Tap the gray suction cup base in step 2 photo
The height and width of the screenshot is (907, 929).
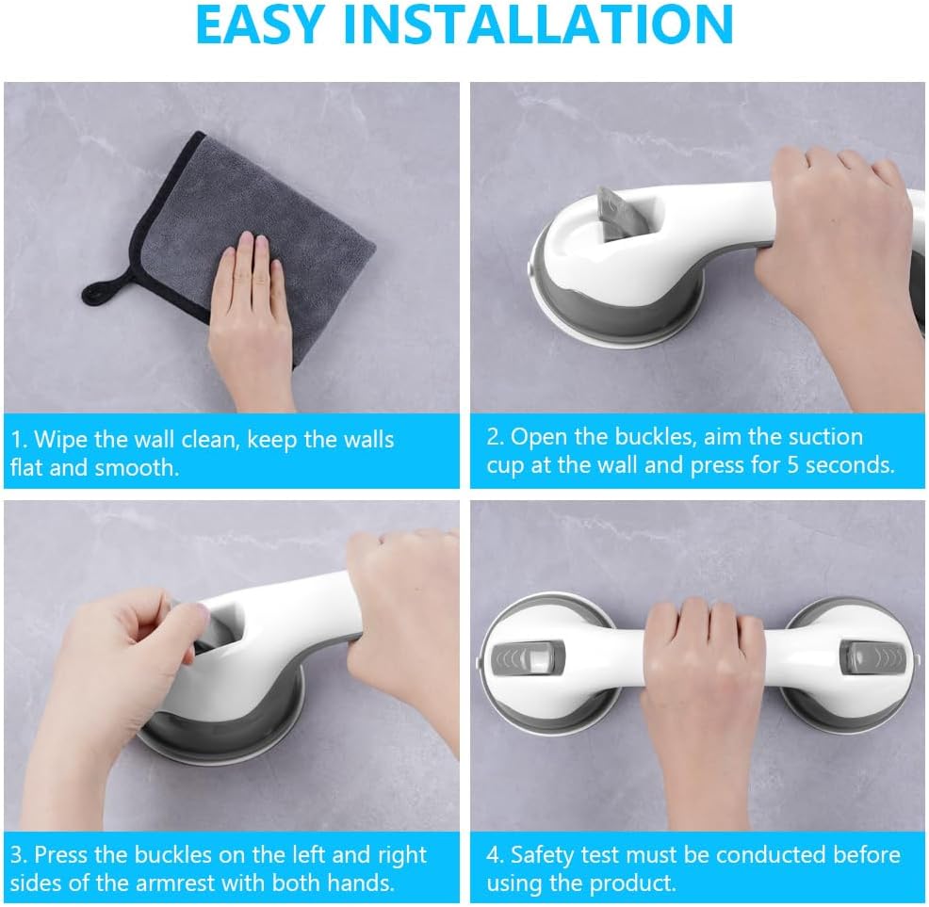tap(616, 308)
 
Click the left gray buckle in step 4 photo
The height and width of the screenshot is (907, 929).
tap(527, 657)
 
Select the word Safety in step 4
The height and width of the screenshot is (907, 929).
tap(542, 856)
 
